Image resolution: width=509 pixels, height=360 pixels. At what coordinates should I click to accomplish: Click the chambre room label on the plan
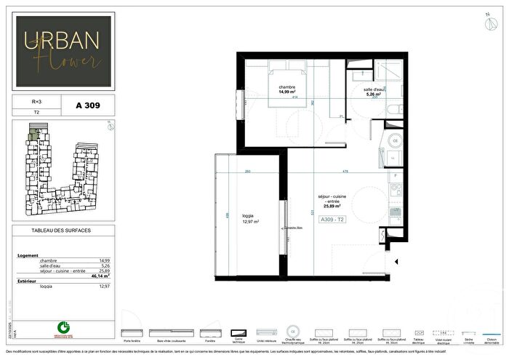pyautogui.click(x=286, y=88)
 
